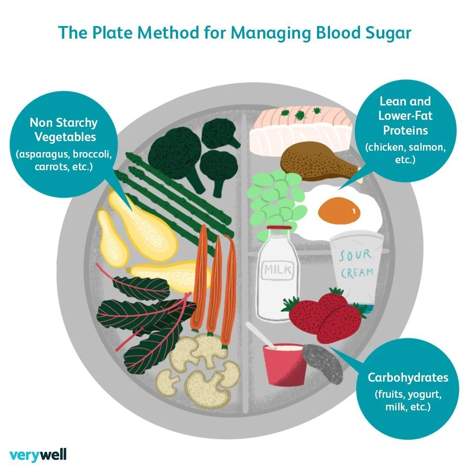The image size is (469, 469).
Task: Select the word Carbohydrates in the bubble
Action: click(408, 377)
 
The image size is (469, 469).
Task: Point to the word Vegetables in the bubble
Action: click(65, 137)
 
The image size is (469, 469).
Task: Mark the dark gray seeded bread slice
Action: click(323, 363)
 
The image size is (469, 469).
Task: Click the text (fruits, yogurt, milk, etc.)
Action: click(407, 401)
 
